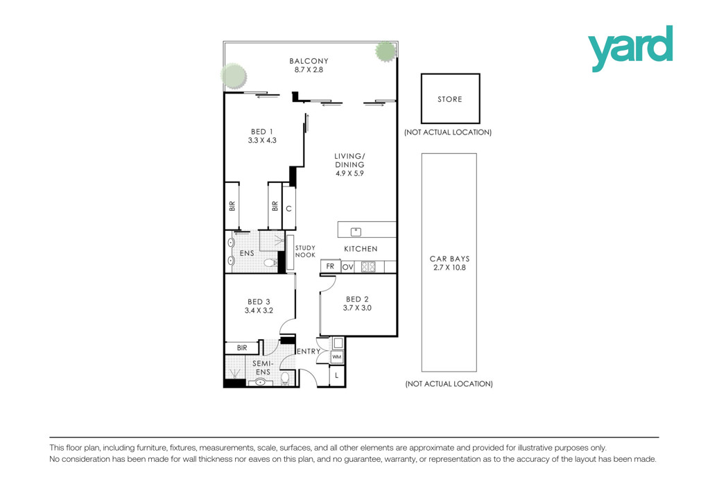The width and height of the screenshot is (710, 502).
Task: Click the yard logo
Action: (630, 48)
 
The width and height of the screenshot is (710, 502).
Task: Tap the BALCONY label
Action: (309, 60)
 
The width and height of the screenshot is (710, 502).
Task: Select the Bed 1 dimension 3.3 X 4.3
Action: (261, 140)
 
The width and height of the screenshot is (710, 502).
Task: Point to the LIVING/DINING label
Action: (349, 160)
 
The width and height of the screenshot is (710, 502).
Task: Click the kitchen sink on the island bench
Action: (356, 232)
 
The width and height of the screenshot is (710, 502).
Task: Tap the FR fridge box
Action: (330, 266)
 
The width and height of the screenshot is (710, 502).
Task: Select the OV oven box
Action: (348, 267)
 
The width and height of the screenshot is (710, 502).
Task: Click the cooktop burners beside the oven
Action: (368, 267)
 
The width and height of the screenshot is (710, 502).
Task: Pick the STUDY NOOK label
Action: (305, 251)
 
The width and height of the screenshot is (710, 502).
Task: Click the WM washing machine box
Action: (337, 357)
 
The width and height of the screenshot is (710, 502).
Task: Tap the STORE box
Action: (450, 98)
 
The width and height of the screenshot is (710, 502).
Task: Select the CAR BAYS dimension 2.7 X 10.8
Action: (449, 268)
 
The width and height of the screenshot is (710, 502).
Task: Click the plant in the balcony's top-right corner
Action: (386, 51)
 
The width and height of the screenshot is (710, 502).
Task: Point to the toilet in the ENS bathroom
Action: (271, 263)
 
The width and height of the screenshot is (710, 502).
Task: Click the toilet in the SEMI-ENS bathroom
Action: (285, 378)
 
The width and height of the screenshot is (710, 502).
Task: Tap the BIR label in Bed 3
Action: (242, 347)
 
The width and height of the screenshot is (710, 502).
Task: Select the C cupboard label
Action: (289, 209)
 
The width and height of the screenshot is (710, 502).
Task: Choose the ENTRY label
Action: (309, 352)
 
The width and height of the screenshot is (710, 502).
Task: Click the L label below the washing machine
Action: (336, 376)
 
